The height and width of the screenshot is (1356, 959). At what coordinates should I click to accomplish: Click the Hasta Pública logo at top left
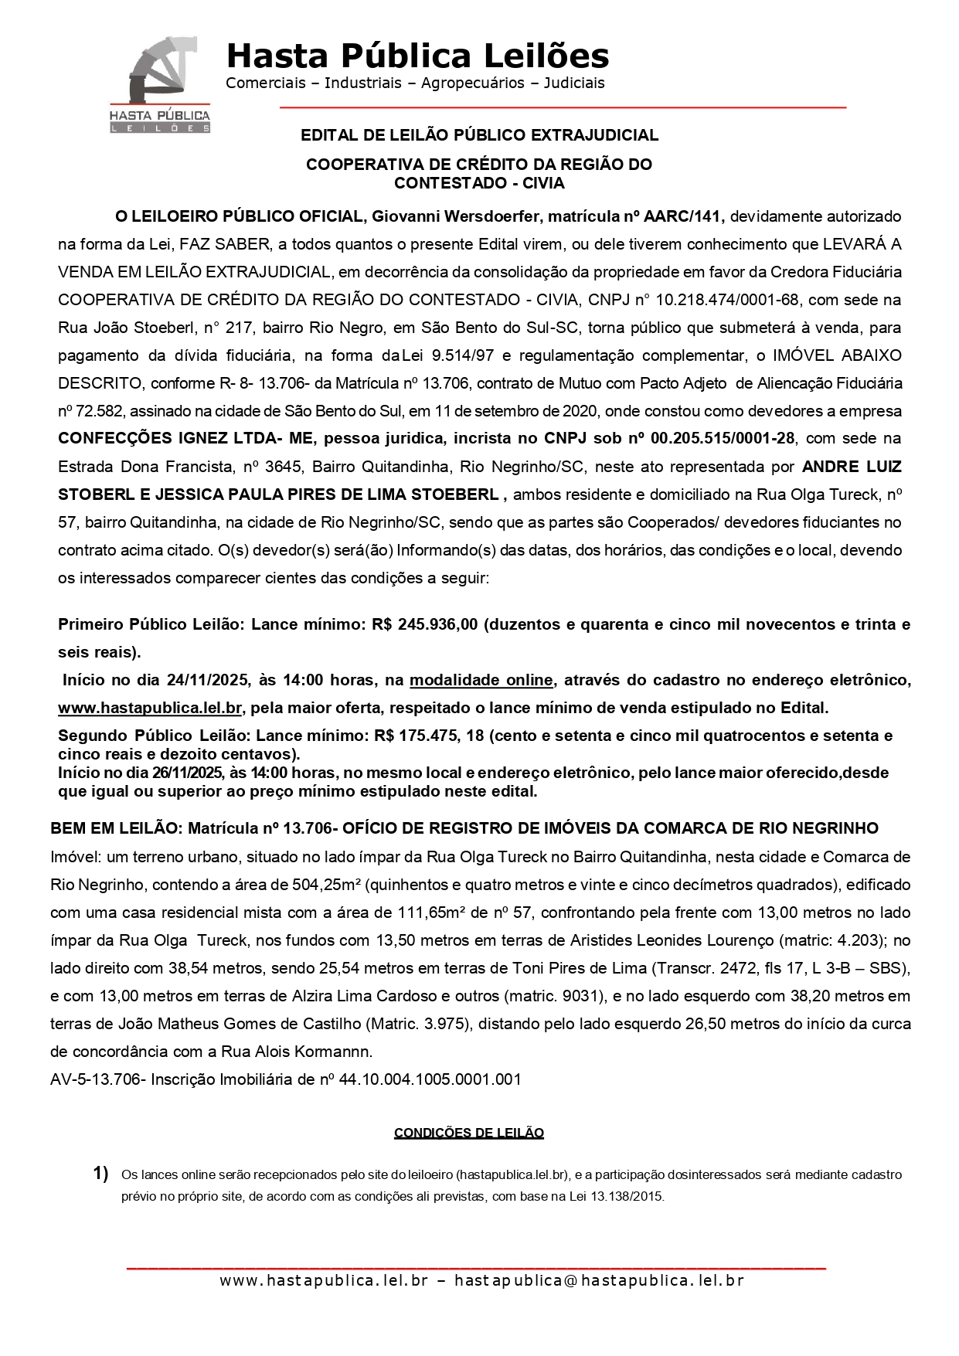coord(160,84)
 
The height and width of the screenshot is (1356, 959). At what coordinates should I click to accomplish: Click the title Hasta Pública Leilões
coord(417,56)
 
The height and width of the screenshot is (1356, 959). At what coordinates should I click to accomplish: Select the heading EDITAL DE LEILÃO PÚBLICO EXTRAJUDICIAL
coord(479,135)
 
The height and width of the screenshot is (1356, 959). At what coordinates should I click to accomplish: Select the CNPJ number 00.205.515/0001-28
coord(723,439)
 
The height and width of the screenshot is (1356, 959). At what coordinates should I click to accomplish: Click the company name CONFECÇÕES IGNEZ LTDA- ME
coord(185,439)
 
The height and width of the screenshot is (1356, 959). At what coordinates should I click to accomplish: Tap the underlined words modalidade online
coord(481,680)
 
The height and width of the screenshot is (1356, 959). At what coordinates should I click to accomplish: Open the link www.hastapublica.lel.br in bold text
coord(151,708)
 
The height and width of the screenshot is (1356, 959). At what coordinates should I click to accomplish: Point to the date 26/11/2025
coord(187,773)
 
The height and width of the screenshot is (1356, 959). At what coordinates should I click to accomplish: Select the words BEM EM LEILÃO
coord(114,828)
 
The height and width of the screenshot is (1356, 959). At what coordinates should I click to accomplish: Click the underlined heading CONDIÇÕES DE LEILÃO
coord(469,1133)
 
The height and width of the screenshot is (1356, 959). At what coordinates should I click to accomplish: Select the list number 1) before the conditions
coord(100,1174)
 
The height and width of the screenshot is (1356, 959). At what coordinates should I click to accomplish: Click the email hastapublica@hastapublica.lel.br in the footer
coord(599,1280)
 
